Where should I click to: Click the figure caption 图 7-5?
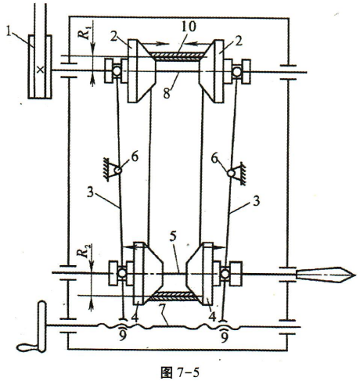pos(180,373)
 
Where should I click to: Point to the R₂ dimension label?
pos(84,250)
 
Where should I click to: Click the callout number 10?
pos(189,27)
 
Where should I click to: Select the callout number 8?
pos(167,93)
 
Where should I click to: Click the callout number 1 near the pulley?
pos(9,33)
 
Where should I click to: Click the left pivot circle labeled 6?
pos(117,171)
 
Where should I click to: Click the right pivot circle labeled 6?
pos(231,173)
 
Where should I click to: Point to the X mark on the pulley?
pos(40,70)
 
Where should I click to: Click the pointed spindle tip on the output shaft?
pos(355,275)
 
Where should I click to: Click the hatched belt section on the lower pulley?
pos(173,295)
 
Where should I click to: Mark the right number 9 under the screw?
pos(224,336)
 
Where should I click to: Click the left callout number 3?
pos(91,193)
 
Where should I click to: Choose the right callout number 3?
pos(257,201)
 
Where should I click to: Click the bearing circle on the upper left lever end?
pos(117,71)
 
